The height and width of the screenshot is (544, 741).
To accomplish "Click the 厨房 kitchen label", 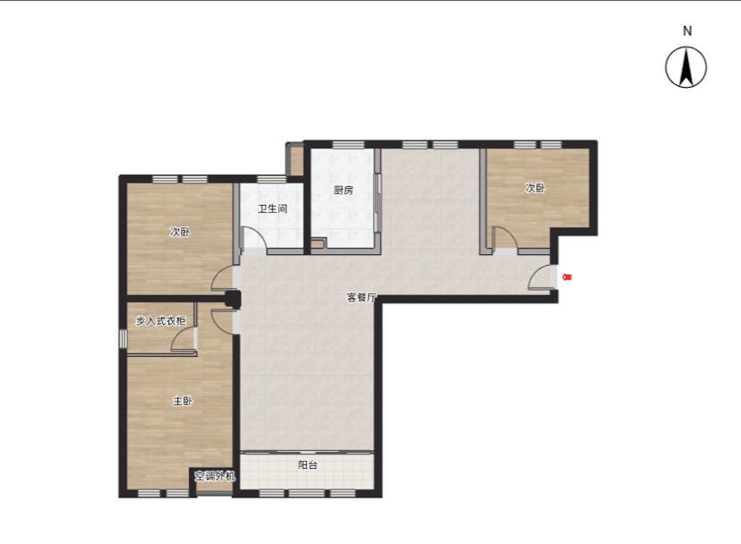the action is pyautogui.click(x=343, y=191).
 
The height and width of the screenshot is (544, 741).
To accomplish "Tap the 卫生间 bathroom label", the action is pyautogui.click(x=272, y=208).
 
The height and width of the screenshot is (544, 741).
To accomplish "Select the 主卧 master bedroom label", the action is pyautogui.click(x=183, y=401).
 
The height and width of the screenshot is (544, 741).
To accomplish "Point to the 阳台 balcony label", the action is pyautogui.click(x=308, y=465).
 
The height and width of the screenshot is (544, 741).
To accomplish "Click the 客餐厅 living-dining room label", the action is pyautogui.click(x=362, y=298).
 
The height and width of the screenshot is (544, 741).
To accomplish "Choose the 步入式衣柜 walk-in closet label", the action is pyautogui.click(x=161, y=321).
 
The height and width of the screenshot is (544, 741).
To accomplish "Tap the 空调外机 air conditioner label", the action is pyautogui.click(x=215, y=476).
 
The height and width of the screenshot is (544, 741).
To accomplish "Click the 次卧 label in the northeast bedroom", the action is pyautogui.click(x=535, y=188).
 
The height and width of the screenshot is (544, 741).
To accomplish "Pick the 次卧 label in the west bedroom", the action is pyautogui.click(x=180, y=232).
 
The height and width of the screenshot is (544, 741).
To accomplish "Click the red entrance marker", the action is pyautogui.click(x=567, y=277).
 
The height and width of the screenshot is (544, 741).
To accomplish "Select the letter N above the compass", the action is pyautogui.click(x=687, y=31).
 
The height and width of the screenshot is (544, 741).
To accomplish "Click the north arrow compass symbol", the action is pyautogui.click(x=686, y=67).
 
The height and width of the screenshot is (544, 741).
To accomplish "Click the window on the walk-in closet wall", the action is pyautogui.click(x=123, y=338).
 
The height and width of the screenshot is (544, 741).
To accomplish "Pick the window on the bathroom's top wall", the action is pyautogui.click(x=271, y=179).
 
